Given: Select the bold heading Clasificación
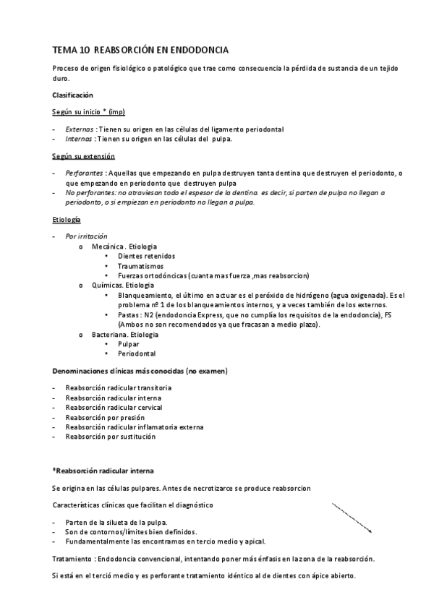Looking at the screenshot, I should click(72, 95).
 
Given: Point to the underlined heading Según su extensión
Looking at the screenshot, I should click(83, 156).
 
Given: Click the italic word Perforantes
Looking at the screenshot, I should click(85, 173).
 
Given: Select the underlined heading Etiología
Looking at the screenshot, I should click(67, 218).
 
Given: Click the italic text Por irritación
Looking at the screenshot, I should click(86, 236).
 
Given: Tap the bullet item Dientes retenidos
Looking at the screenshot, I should click(145, 256).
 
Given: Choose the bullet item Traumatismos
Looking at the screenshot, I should click(140, 266).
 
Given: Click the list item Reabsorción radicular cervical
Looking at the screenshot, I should click(113, 408).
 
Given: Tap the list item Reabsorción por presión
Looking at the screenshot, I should click(105, 417).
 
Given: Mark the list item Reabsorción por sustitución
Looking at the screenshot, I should click(110, 437).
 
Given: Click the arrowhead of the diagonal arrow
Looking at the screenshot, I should click(370, 531).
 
